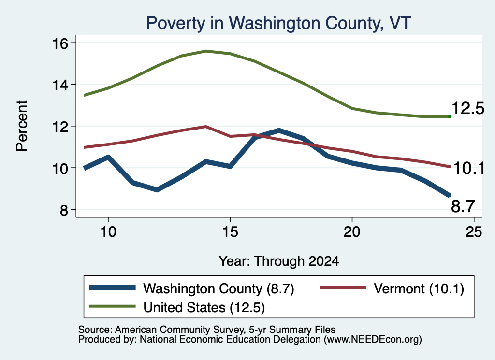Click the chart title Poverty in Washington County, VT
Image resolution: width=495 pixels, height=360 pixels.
(278, 23)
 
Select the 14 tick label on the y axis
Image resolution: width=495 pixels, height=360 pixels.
(59, 85)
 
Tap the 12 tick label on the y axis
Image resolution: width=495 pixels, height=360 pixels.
(59, 127)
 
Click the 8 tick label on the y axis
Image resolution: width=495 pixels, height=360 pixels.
(64, 210)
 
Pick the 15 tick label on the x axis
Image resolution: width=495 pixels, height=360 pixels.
(230, 232)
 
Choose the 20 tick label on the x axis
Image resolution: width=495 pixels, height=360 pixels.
(352, 232)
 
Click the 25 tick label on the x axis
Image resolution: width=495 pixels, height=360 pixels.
(474, 232)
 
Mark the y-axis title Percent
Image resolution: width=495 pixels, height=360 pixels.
(22, 126)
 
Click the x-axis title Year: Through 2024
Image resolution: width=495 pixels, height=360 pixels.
(279, 261)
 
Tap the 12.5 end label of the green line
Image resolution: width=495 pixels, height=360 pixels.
(468, 109)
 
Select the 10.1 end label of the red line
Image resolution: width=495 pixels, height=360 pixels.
(469, 168)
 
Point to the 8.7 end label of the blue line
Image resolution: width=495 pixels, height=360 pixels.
(463, 207)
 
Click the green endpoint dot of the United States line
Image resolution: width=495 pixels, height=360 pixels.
(450, 117)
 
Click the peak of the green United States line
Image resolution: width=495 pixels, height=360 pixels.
(206, 51)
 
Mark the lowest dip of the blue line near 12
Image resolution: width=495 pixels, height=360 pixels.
(157, 189)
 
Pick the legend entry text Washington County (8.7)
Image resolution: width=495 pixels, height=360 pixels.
(218, 288)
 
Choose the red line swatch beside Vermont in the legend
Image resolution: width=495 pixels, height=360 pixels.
(343, 288)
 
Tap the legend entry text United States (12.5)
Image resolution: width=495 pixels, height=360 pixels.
(204, 307)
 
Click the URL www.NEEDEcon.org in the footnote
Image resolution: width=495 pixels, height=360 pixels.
(373, 340)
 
